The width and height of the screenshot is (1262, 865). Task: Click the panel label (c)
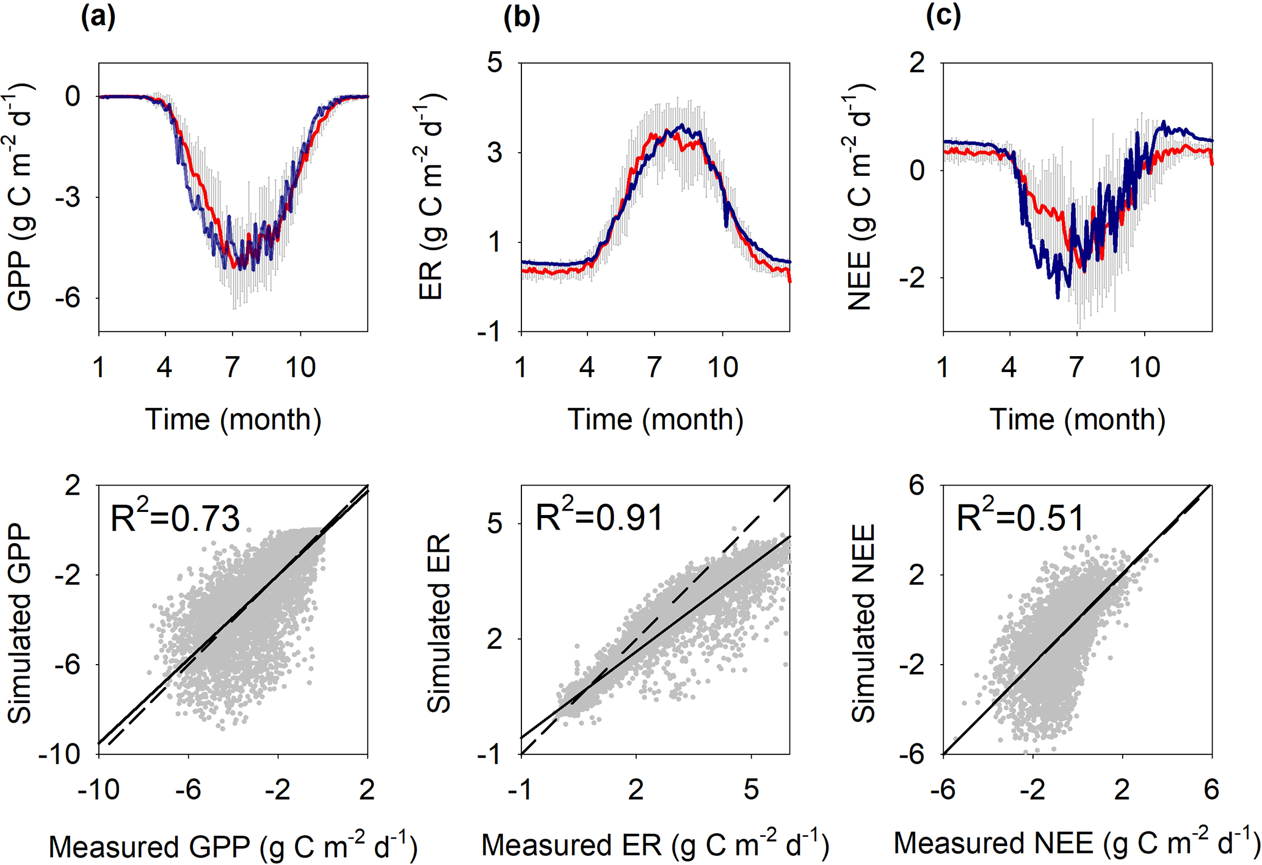coord(943,17)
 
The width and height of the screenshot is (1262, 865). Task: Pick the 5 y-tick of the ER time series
coord(495,62)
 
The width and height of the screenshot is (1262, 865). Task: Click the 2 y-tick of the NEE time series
coord(917,62)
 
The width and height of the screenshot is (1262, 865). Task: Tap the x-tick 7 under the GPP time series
coord(232,368)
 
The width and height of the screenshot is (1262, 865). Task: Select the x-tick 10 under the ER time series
coord(722,368)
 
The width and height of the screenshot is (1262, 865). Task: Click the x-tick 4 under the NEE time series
coord(1009,368)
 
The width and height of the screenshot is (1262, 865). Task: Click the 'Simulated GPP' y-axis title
coord(20,623)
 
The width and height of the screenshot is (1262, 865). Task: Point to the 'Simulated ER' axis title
coord(438,623)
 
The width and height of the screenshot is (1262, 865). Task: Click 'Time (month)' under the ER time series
coord(655,420)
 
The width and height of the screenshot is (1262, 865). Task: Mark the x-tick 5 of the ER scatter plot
coord(751,790)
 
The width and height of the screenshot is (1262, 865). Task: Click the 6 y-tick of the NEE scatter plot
coord(917,486)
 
